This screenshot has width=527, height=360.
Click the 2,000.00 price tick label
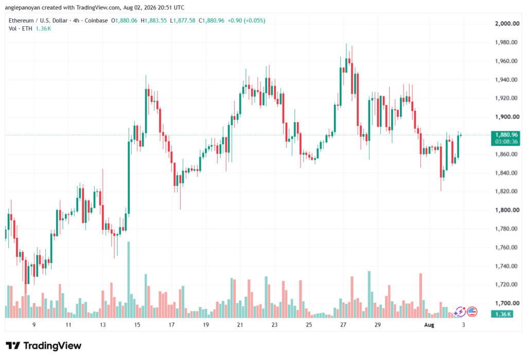[507, 24]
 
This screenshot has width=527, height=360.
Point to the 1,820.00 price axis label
[506, 191]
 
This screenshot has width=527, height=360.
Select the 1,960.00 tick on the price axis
[506, 61]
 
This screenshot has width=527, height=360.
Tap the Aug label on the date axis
[429, 324]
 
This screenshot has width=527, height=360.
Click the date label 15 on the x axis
[137, 324]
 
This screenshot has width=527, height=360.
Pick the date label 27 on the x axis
[343, 324]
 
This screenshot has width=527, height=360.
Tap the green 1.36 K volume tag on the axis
[502, 314]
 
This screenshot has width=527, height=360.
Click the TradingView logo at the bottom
[44, 346]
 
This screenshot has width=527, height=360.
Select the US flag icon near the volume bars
[472, 312]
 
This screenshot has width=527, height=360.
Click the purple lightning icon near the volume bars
[460, 312]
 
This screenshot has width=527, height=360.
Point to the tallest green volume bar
[128, 280]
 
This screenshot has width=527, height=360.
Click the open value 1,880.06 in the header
[126, 21]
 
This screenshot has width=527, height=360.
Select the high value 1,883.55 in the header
[155, 21]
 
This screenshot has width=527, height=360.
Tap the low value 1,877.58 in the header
[184, 21]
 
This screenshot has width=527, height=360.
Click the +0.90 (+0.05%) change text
[247, 21]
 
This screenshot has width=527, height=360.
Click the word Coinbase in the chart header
[96, 21]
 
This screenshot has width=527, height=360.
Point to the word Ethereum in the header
[21, 21]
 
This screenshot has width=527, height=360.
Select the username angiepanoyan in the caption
[23, 7]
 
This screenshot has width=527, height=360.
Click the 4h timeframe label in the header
[76, 21]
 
